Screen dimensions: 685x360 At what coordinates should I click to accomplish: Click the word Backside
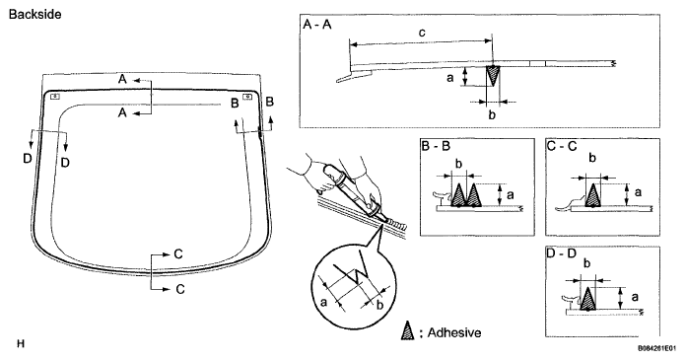point(34,15)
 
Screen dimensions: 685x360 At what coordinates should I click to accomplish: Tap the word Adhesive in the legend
point(454,333)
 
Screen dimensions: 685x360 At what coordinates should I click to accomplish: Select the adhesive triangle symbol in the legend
point(408,331)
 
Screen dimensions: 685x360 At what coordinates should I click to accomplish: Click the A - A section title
point(317,25)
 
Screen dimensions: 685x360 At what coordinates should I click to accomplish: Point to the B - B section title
point(436,146)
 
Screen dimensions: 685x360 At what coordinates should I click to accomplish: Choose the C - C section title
point(562,146)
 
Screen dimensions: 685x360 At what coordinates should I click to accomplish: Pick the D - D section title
point(562,253)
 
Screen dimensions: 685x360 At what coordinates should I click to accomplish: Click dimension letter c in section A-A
point(422,33)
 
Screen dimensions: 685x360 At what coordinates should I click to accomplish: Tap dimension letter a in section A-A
point(450,78)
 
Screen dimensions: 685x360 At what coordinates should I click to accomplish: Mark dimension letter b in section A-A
point(492,115)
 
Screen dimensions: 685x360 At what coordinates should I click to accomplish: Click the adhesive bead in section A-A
point(493,76)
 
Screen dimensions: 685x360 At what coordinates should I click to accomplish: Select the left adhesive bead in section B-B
point(458,195)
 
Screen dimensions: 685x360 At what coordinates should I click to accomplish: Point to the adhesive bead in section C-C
point(592,194)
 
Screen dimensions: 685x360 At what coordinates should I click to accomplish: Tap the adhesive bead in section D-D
point(587,299)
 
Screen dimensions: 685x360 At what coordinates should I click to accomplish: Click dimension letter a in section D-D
point(635,298)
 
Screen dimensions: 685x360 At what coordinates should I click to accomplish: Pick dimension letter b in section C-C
point(592,158)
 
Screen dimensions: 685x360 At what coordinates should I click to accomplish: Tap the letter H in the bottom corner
point(21,343)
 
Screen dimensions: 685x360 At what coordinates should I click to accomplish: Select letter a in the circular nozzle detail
point(323,302)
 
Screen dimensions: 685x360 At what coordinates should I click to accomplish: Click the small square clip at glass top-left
point(54,97)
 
